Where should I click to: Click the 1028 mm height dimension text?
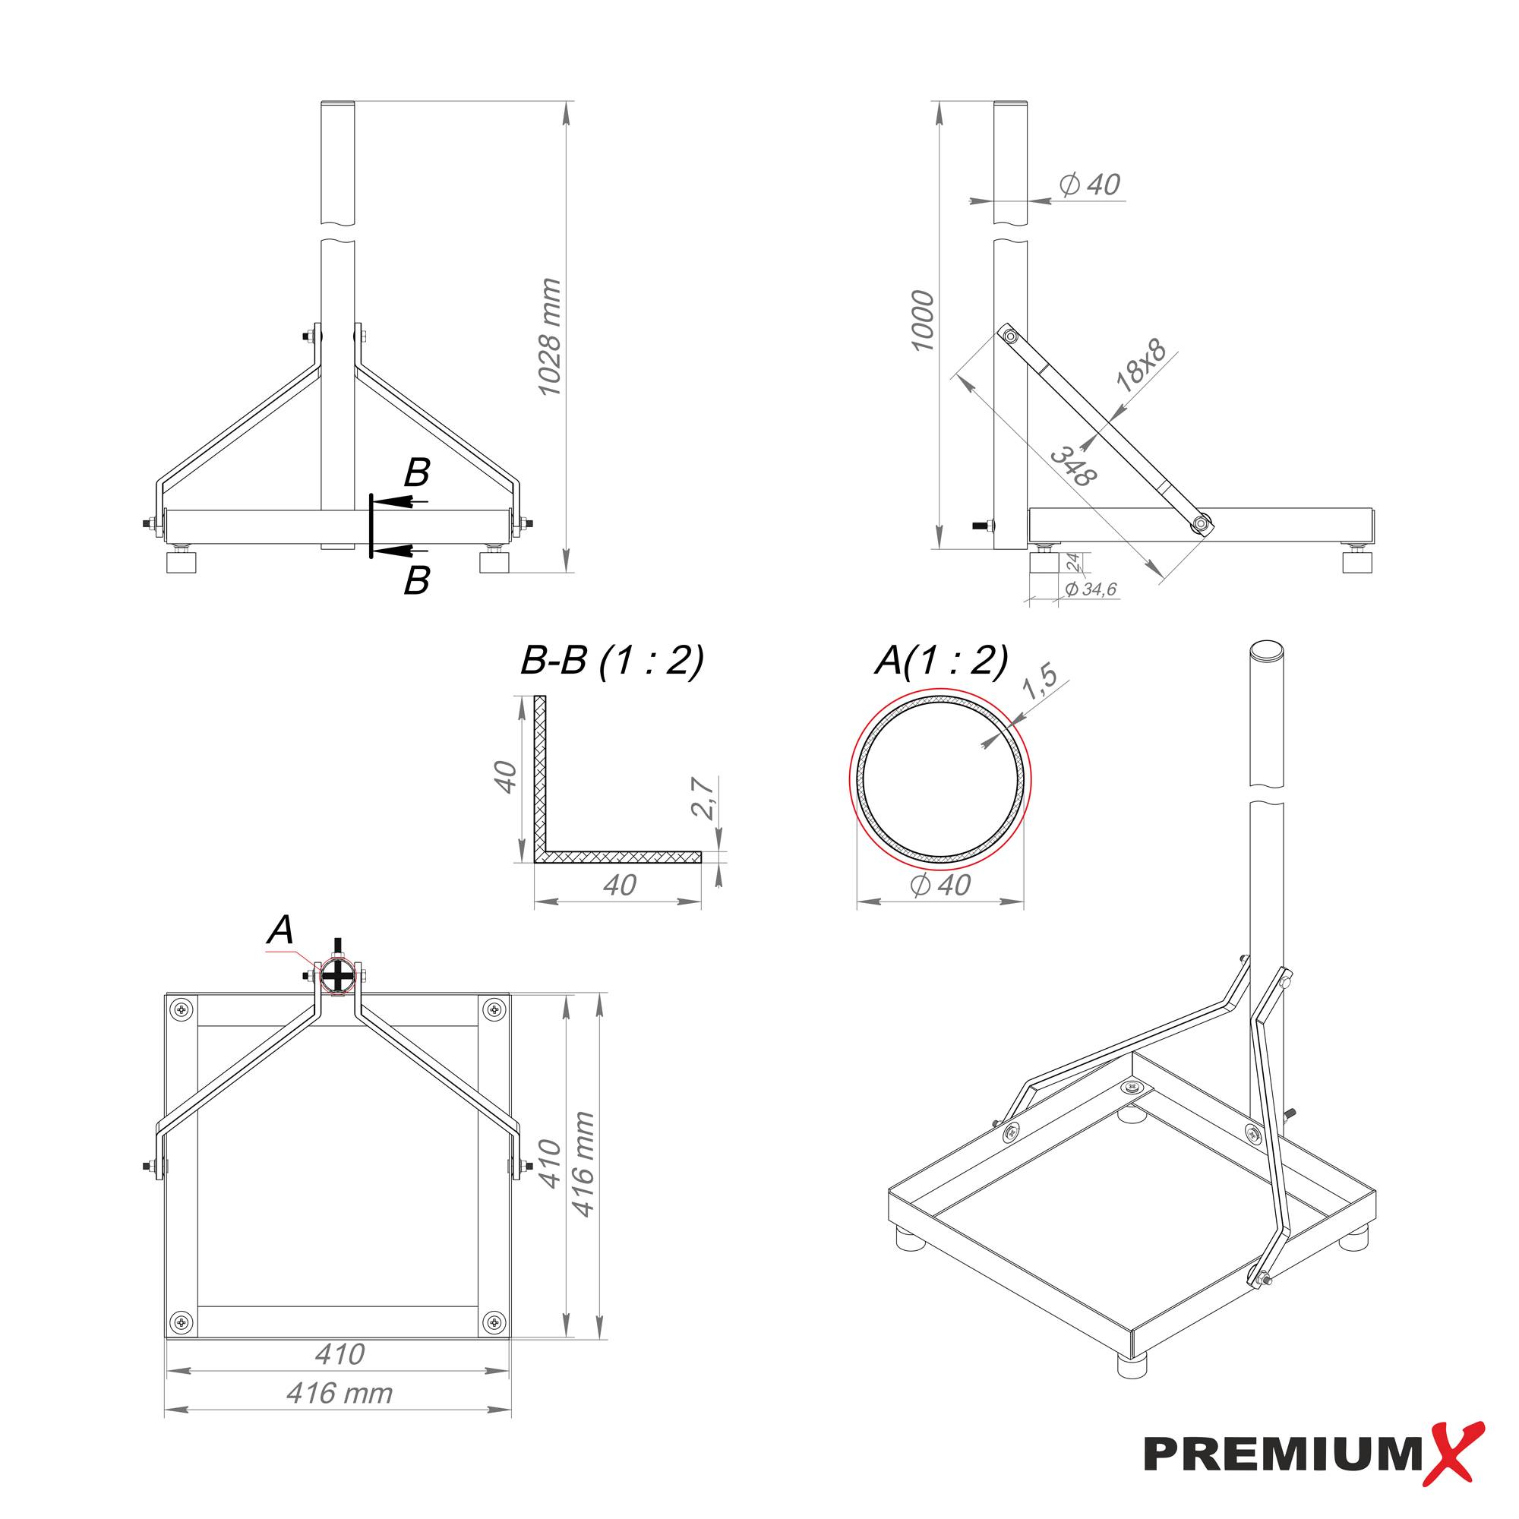pyautogui.click(x=549, y=336)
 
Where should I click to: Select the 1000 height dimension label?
pyautogui.click(x=922, y=321)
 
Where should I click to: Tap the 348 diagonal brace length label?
pyautogui.click(x=1073, y=466)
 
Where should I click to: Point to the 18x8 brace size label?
pyautogui.click(x=1141, y=366)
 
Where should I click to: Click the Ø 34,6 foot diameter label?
pyautogui.click(x=1091, y=589)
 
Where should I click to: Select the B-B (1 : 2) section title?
pyautogui.click(x=611, y=661)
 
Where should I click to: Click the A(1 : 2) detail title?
pyautogui.click(x=941, y=661)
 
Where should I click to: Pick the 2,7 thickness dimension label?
pyautogui.click(x=705, y=798)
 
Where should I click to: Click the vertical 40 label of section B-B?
pyautogui.click(x=506, y=777)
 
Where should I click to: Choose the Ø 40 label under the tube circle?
pyautogui.click(x=940, y=886)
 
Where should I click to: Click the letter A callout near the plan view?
pyautogui.click(x=281, y=930)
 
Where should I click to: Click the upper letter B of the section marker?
pyautogui.click(x=417, y=473)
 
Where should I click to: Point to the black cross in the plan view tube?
pyautogui.click(x=338, y=977)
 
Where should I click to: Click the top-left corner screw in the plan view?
pyautogui.click(x=182, y=1009)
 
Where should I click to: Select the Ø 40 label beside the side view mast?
pyautogui.click(x=1090, y=185)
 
